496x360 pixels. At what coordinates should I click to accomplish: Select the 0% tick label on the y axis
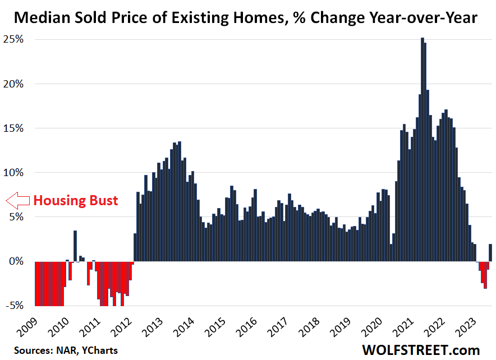click(17, 261)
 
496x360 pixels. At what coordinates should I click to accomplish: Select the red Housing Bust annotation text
click(76, 200)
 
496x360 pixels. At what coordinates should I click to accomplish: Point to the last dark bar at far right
click(490, 253)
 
